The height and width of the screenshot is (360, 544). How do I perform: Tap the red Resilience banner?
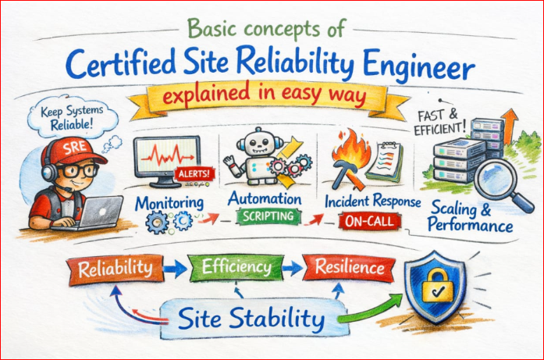point(349,268)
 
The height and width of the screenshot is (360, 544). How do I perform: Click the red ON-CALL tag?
point(369,222)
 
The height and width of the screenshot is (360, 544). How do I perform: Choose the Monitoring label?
point(169,204)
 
